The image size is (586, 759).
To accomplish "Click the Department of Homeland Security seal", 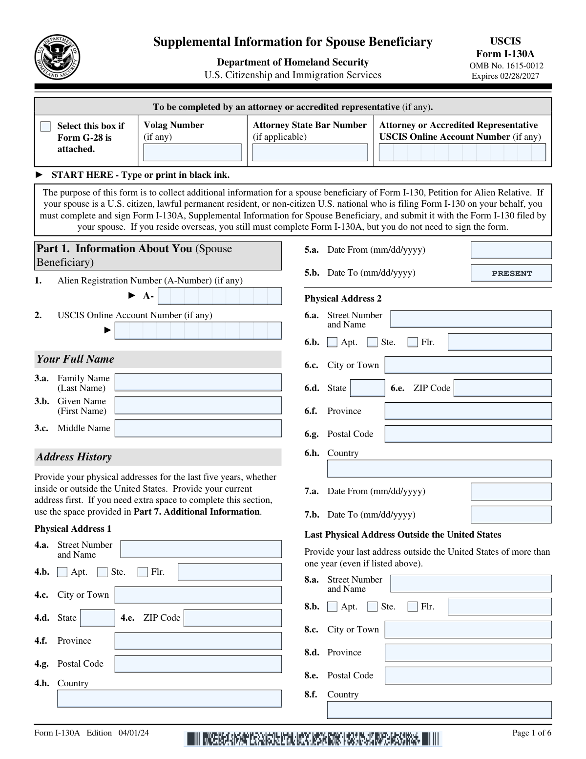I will [57, 57].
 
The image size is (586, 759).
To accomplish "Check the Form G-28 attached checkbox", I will [45, 127].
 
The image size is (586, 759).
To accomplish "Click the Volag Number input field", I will [192, 152].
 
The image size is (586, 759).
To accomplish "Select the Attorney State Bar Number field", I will [310, 152].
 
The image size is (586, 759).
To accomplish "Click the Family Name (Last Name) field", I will [198, 382].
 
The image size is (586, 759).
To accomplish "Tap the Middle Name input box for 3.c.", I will [198, 428].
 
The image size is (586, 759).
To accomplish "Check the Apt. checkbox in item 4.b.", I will [62, 572].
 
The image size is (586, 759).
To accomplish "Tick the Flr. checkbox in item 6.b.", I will [413, 342].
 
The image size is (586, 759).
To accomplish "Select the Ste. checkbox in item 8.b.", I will [373, 607].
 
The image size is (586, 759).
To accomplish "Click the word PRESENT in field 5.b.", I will [512, 274].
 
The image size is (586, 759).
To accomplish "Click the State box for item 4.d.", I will [98, 618].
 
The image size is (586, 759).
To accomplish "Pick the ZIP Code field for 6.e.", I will [502, 388].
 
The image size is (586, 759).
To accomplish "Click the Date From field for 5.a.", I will [511, 250].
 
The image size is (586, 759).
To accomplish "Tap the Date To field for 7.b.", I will [511, 515].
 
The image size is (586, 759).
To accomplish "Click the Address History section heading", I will [74, 457].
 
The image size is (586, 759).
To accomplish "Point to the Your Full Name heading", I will [75, 359].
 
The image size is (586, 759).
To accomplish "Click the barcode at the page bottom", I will [313, 738].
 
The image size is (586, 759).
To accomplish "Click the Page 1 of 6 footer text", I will [531, 733].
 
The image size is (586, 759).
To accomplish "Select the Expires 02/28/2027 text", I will [505, 76].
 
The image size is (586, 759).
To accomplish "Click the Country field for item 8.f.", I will [439, 710].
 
